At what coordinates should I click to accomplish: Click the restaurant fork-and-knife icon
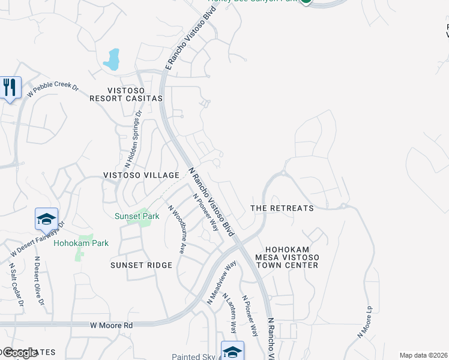click(10, 88)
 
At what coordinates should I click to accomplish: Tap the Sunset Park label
click(137, 216)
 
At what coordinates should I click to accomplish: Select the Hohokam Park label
click(81, 243)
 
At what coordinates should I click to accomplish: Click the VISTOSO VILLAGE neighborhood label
click(142, 175)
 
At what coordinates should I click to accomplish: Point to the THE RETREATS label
click(282, 208)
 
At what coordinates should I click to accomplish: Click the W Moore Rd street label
click(111, 325)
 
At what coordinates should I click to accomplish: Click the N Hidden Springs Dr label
click(133, 139)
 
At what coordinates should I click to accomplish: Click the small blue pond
click(111, 59)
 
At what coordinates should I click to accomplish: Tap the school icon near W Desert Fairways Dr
click(46, 220)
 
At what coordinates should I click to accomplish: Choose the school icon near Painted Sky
click(232, 351)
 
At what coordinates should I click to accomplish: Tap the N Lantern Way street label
click(231, 313)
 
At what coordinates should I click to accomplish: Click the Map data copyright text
click(423, 355)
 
